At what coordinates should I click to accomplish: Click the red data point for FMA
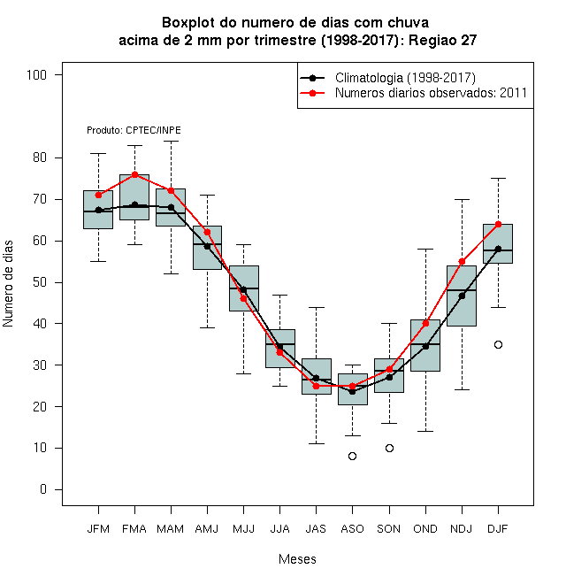coord(134,174)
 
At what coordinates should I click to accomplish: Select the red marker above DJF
coord(498,224)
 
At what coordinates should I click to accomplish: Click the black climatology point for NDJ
coord(463,296)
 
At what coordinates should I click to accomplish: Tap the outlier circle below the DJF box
coord(498,344)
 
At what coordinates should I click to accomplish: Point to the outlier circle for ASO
coord(352,456)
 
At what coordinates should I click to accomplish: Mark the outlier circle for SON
coord(389,448)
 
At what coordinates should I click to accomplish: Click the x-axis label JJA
coord(279,529)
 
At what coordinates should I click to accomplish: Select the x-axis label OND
coord(425,529)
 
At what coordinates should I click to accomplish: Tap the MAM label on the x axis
coord(171,529)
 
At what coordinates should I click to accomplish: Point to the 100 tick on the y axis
coord(36,75)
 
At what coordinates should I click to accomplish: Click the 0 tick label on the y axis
coord(43,489)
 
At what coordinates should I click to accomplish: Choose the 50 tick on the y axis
coord(40,282)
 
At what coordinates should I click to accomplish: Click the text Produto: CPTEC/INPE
coord(134,130)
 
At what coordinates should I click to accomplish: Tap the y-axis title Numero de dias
coord(8,284)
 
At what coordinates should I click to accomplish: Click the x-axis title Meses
coord(297,559)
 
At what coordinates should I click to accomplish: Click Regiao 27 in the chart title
coord(442,40)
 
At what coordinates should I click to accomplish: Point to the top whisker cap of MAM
coord(171,142)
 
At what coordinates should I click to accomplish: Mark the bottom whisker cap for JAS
coord(316,443)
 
